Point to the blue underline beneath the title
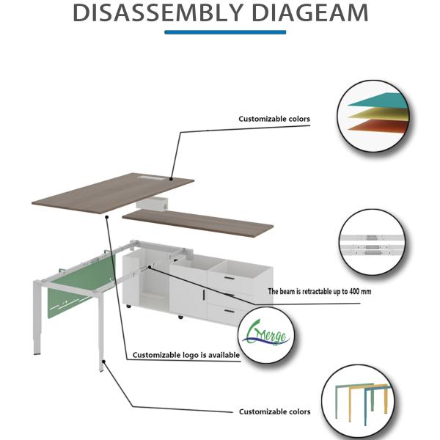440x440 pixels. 225,32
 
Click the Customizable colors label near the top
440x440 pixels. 274,119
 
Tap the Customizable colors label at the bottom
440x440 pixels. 274,412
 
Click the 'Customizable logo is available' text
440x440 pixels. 186,356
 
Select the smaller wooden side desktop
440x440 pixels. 197,221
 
